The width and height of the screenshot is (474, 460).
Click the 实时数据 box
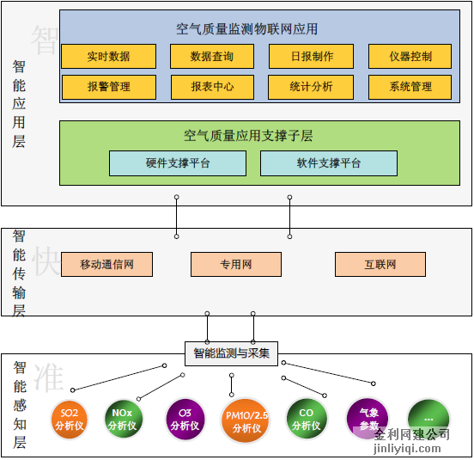coord(108,57)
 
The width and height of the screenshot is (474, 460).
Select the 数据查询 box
coord(212,57)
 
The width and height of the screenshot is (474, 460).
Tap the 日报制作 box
coord(313,57)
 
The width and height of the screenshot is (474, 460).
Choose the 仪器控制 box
coord(410,57)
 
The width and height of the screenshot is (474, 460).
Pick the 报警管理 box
coord(108,87)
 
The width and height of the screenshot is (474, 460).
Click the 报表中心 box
coord(212,87)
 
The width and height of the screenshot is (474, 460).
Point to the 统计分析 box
coord(313,87)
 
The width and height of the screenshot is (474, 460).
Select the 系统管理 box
coord(410,87)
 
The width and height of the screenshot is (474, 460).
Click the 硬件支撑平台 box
coord(177,163)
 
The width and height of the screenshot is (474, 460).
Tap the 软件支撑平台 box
coord(328,163)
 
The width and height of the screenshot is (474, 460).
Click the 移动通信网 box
coord(106,265)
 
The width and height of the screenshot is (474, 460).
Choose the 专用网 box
coord(235,265)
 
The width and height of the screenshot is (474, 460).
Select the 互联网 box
coord(380,265)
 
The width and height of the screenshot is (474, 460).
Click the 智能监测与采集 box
coord(231,353)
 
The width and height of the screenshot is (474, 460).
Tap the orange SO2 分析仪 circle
coord(70,419)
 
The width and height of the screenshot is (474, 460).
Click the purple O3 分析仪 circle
coord(185,419)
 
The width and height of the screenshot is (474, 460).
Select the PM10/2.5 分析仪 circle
coord(246,420)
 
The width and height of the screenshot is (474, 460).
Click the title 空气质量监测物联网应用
coord(246,28)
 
